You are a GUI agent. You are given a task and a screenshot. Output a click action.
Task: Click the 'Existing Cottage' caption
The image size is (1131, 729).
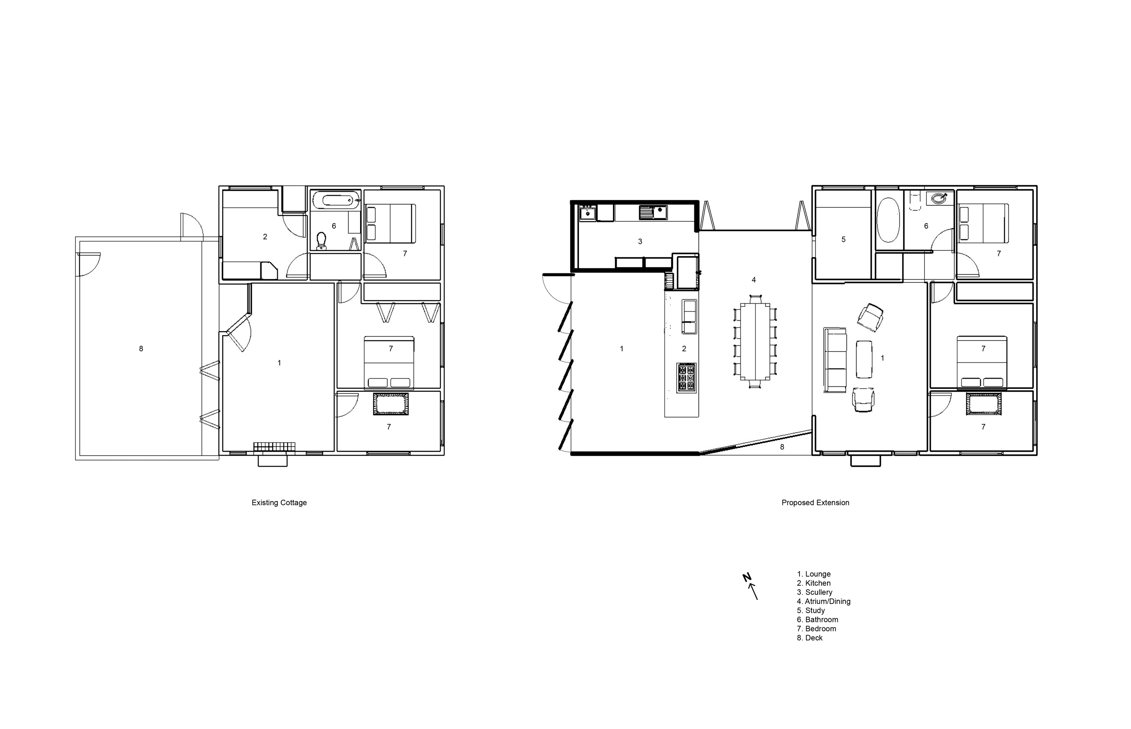[x=279, y=503]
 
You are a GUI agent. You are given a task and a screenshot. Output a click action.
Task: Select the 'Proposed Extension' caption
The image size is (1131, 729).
[x=815, y=503]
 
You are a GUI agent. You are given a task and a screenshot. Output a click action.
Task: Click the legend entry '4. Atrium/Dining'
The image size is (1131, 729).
[x=824, y=601]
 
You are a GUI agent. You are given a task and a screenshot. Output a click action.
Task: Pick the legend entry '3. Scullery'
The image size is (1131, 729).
[x=814, y=592]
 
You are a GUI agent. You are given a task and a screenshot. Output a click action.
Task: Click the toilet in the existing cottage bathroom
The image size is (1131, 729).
[x=322, y=240]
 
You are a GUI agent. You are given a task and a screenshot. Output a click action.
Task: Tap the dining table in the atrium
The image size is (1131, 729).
[x=755, y=341]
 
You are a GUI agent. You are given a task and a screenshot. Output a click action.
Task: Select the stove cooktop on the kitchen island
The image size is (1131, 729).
[x=686, y=377]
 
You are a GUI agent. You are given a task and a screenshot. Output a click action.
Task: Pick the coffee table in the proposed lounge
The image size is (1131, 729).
[x=864, y=359]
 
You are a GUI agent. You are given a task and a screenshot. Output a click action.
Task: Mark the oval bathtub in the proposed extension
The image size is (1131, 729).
[x=888, y=220]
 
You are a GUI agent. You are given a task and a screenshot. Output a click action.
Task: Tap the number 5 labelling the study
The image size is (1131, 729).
[x=843, y=240]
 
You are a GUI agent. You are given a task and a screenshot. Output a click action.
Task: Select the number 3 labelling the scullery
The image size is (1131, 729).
[x=640, y=242]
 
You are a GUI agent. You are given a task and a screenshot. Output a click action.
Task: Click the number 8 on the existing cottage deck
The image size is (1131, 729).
[x=141, y=349]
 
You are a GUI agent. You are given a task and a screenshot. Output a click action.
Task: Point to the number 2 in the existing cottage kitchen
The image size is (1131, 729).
[x=265, y=237]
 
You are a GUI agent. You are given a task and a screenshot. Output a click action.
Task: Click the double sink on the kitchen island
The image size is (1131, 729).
[x=689, y=317]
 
